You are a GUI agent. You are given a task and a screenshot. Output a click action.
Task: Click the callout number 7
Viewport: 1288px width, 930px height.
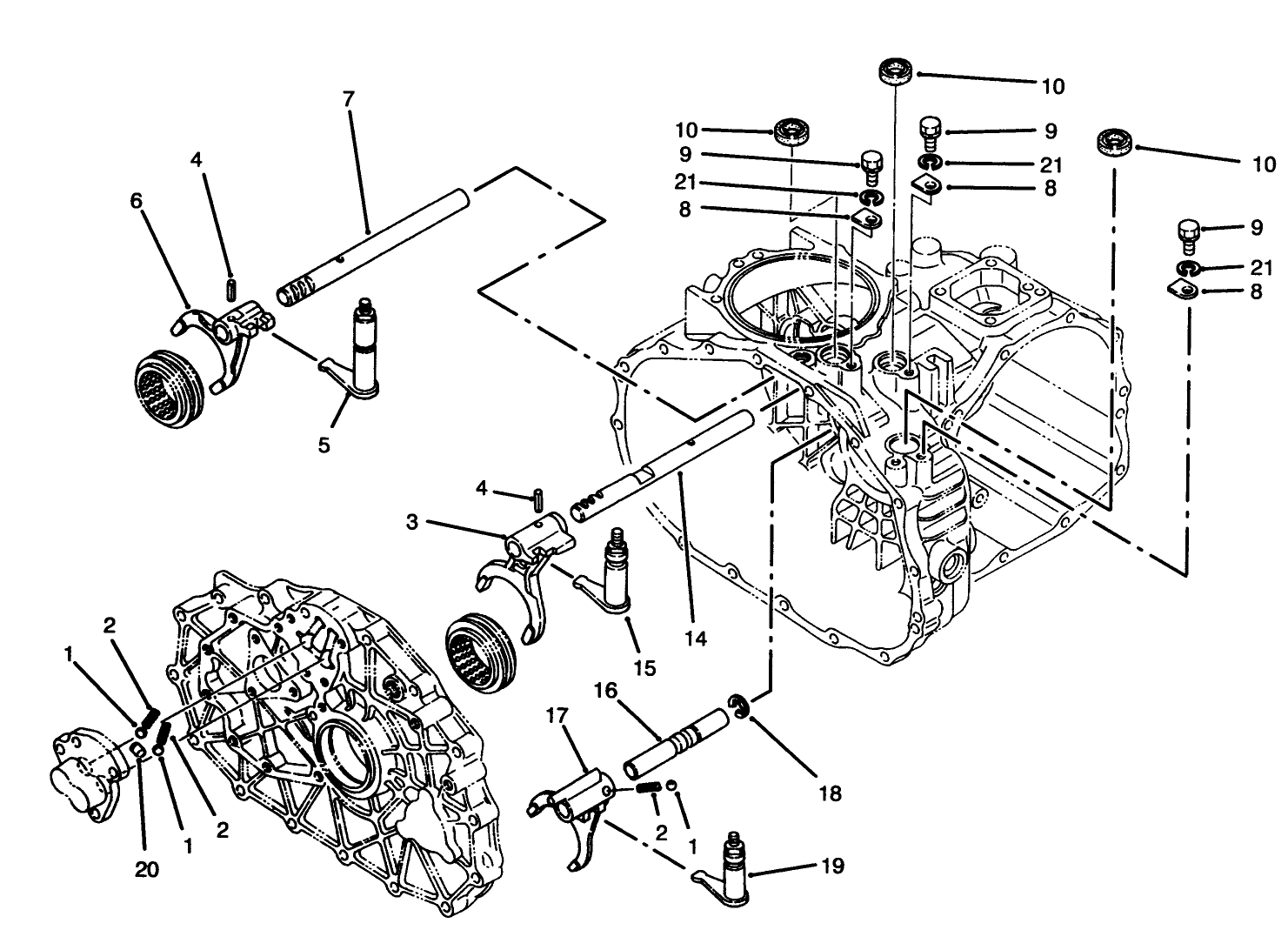349,99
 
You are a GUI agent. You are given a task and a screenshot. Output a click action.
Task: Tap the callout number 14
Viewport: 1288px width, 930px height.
695,639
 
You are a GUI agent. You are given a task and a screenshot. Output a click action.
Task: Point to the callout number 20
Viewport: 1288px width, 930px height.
147,869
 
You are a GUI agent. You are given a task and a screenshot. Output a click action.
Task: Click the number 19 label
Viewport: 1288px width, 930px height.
832,867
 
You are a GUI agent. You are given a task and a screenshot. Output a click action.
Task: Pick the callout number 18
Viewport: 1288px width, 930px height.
830,793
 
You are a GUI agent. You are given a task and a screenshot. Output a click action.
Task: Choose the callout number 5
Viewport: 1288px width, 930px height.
324,445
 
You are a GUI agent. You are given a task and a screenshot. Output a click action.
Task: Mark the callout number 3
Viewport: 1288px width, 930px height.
412,522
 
